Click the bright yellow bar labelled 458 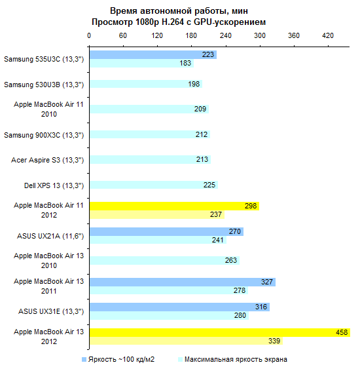[x=220, y=333]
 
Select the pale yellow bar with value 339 [x=186, y=341]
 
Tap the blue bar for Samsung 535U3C [x=153, y=55]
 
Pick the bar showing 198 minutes [x=146, y=84]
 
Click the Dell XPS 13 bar [x=154, y=185]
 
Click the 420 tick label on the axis [x=328, y=35]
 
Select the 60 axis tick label [x=123, y=35]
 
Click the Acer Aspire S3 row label [x=47, y=160]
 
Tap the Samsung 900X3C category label [x=44, y=135]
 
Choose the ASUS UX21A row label [x=50, y=236]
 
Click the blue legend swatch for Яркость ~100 [x=84, y=360]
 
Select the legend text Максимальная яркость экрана [x=236, y=359]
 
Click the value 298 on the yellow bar [x=251, y=206]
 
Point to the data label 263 [x=231, y=260]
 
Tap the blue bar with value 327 [x=183, y=282]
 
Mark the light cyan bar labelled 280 [x=170, y=315]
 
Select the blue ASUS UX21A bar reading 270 [x=166, y=232]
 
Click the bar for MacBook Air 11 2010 [x=149, y=109]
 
